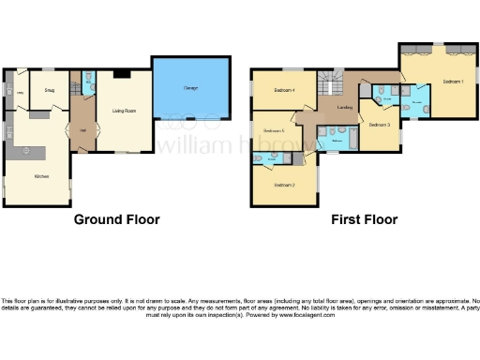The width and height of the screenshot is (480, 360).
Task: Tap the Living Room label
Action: pyautogui.click(x=125, y=111)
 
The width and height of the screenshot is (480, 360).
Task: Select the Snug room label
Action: pyautogui.click(x=45, y=91)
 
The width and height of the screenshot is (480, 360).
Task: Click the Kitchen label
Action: pyautogui.click(x=42, y=176)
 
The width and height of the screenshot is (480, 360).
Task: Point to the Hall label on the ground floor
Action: pyautogui.click(x=83, y=130)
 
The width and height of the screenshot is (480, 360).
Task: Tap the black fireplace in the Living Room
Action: pyautogui.click(x=122, y=73)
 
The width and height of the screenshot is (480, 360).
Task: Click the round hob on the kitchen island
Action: pyautogui.click(x=28, y=150)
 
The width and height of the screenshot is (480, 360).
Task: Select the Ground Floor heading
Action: pyautogui.click(x=116, y=219)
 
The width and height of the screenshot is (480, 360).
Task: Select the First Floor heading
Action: pyautogui.click(x=364, y=219)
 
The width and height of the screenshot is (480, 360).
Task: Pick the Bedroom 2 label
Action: pyautogui.click(x=285, y=185)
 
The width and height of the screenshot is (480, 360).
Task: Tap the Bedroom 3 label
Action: pyautogui.click(x=379, y=125)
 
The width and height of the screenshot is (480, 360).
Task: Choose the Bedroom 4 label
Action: pyautogui.click(x=285, y=90)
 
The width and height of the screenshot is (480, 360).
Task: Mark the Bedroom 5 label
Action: pyautogui.click(x=274, y=130)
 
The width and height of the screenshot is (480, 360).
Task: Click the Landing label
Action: pyautogui.click(x=344, y=110)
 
